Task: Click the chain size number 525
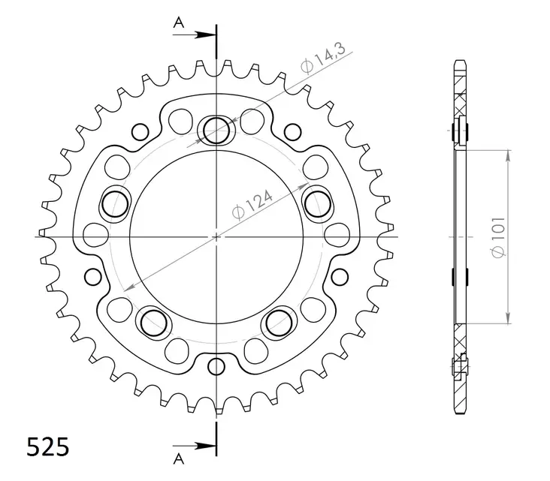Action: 49,446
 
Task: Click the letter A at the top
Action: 179,23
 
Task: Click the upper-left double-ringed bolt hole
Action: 116,201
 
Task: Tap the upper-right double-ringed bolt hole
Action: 317,201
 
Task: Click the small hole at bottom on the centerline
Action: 216,367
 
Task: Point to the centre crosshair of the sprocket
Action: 216,236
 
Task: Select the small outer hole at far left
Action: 92,277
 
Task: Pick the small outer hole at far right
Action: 340,277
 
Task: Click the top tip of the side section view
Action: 459,59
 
